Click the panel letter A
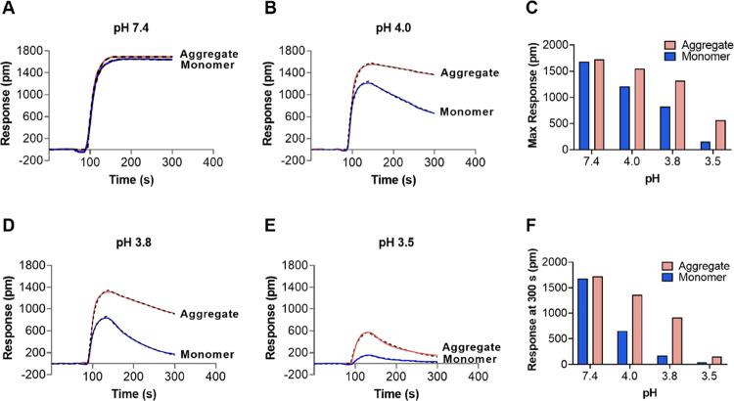pyautogui.click(x=8, y=9)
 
